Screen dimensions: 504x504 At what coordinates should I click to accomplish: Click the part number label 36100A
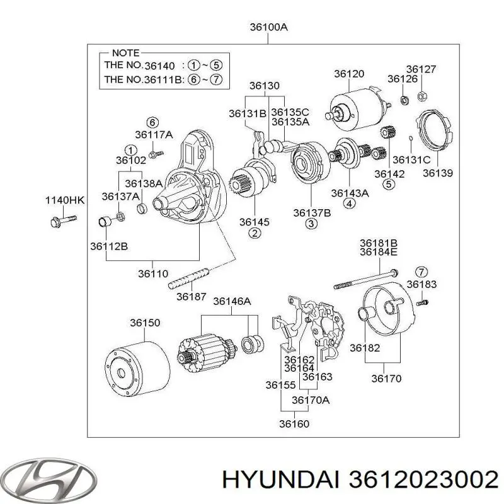(x=268, y=28)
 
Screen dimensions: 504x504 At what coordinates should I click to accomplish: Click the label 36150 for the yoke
(x=145, y=323)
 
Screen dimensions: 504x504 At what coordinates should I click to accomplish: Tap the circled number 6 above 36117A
(x=152, y=122)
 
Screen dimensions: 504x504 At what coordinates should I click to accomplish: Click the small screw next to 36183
(x=423, y=302)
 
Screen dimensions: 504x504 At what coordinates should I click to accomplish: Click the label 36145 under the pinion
(x=255, y=222)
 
